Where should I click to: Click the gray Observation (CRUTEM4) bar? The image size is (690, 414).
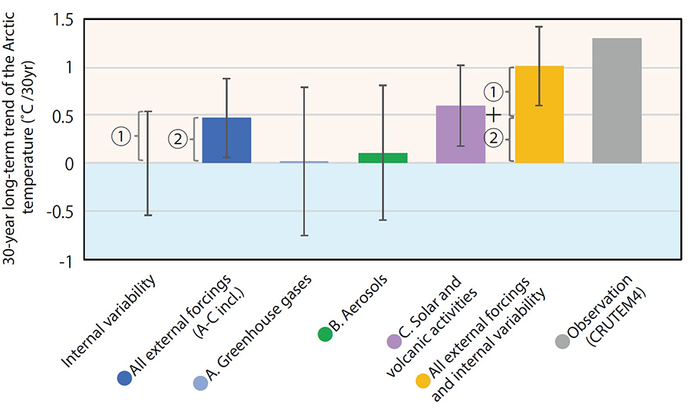coord(616,100)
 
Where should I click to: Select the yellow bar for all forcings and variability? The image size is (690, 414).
coord(539,114)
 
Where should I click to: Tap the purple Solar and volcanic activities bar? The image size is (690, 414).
coord(460,134)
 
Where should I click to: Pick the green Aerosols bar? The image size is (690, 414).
coord(383,158)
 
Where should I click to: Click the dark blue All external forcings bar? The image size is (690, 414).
coord(227,140)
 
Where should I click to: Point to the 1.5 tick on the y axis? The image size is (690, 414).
coord(64,20)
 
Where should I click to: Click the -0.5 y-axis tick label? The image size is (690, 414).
coord(60,212)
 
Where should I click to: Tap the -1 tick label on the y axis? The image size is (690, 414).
coord(65,261)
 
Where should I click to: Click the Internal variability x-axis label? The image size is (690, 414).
coord(108,321)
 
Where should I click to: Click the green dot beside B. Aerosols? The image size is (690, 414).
coord(325,334)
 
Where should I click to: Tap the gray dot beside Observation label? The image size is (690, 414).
coord(563,341)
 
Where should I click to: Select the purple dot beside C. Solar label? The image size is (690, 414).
coord(394,341)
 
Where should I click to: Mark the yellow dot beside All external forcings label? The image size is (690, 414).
coord(423,380)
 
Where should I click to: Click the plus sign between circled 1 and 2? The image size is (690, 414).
coord(494,115)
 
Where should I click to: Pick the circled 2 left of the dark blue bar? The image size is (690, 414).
coord(178,140)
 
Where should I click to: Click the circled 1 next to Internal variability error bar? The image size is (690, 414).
coord(121,136)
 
